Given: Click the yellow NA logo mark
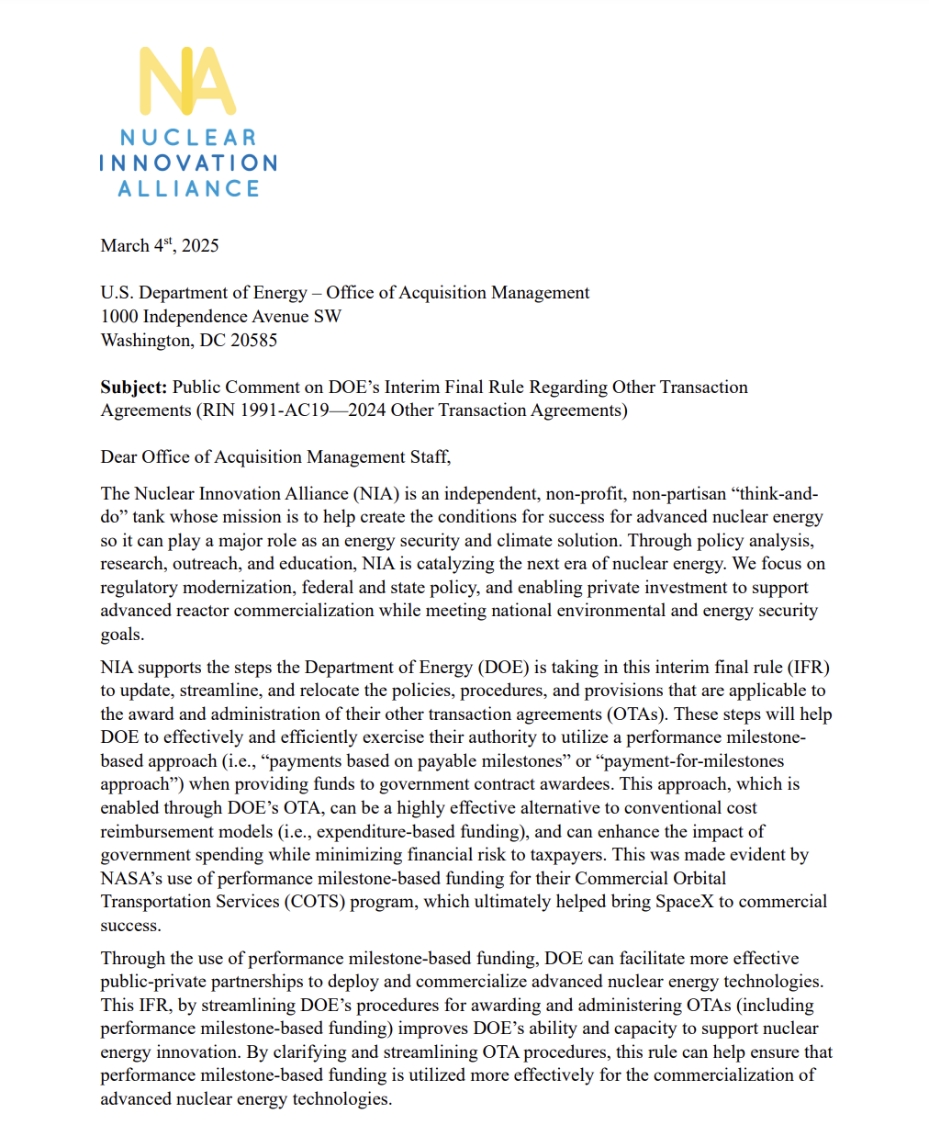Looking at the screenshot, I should tap(187, 81).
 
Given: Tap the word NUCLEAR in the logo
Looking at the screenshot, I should tap(188, 138).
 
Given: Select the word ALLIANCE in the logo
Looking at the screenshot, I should tap(188, 188).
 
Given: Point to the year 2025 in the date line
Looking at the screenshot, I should tap(200, 246).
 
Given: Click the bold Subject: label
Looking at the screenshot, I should tap(134, 388).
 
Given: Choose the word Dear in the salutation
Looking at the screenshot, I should tap(118, 457).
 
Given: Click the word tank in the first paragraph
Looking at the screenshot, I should tap(149, 517).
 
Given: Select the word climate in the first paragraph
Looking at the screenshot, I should tap(487, 541).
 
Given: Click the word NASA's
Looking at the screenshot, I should tap(131, 879).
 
